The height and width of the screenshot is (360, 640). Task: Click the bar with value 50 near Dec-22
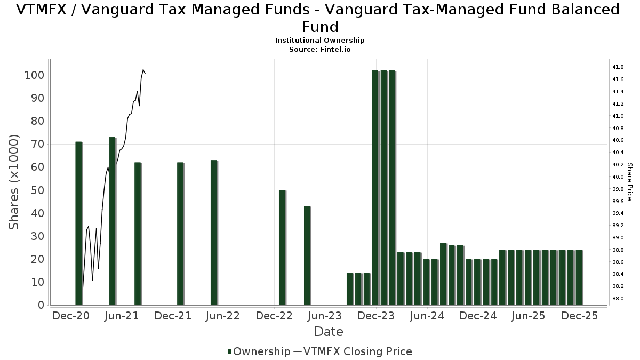(x=282, y=247)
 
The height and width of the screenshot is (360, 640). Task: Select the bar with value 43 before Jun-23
(x=307, y=255)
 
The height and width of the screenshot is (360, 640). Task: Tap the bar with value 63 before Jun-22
(x=213, y=233)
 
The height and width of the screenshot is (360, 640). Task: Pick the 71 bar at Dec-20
(x=78, y=223)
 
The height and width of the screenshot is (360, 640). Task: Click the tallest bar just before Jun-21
(x=112, y=221)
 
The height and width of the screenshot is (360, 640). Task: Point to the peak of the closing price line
(x=143, y=70)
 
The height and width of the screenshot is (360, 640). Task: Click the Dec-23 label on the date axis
(x=376, y=316)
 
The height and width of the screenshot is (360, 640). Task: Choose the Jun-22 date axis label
(x=223, y=316)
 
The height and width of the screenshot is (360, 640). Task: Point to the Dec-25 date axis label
(x=579, y=316)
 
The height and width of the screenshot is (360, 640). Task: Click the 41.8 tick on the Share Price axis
(x=618, y=67)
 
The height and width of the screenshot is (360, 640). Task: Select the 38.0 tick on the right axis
(x=618, y=299)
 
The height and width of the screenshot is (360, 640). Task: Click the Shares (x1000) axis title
(x=14, y=182)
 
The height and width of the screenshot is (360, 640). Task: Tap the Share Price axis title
(x=629, y=182)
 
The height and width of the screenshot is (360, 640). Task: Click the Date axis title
(x=329, y=332)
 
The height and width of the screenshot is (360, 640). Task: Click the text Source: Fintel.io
(x=320, y=49)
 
